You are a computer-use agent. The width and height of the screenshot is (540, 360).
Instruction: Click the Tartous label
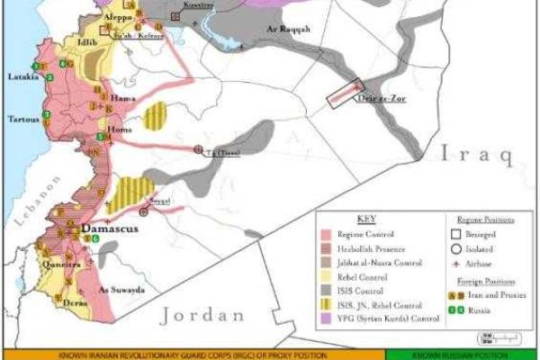click(23, 119)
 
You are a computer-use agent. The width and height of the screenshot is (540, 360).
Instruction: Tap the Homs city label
click(119, 130)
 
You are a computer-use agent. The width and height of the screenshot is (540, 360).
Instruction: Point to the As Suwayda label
click(120, 290)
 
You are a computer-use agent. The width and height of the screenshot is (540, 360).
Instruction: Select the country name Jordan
click(202, 316)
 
